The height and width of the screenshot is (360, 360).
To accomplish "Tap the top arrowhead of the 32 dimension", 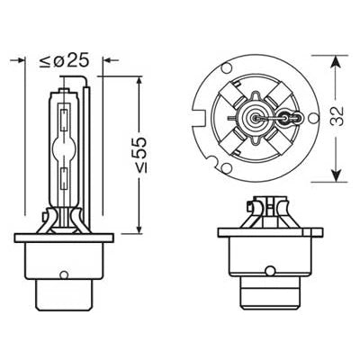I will point(333,60).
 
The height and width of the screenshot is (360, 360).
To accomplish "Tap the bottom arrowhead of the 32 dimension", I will point(333,176).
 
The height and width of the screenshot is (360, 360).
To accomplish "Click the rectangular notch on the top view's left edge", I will point(201,115).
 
